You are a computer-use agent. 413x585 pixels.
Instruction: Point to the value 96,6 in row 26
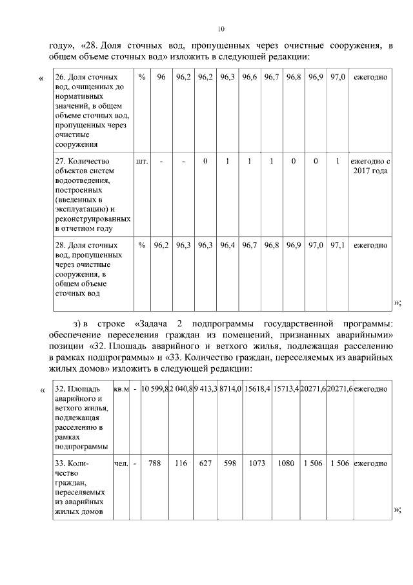click(x=249, y=78)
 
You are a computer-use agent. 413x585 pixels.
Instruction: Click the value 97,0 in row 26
click(x=337, y=78)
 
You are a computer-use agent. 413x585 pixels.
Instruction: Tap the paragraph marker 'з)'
click(x=80, y=323)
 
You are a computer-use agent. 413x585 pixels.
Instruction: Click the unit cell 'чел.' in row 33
click(x=121, y=463)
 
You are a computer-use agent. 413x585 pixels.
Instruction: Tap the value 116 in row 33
click(x=181, y=463)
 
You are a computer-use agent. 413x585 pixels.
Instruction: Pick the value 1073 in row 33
click(x=257, y=463)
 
